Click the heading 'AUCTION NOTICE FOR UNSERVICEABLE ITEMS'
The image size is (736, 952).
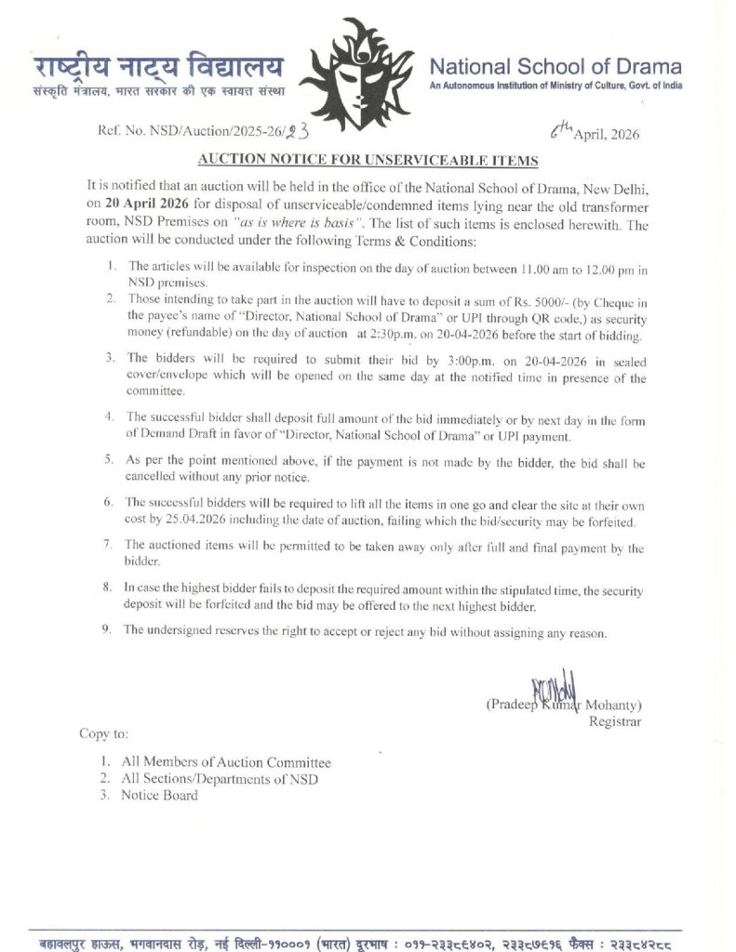(368, 161)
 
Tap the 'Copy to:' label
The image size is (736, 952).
(103, 734)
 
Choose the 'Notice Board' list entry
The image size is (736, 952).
(159, 795)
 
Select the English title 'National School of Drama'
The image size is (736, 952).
(555, 67)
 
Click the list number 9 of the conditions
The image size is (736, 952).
(108, 630)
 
